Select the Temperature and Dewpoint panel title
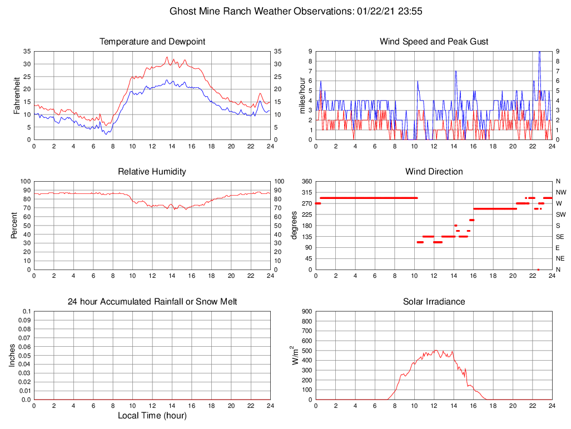click(x=152, y=42)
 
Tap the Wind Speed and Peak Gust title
click(x=434, y=42)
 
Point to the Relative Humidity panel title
click(x=152, y=172)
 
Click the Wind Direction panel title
click(x=434, y=172)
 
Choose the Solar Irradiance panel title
click(x=434, y=302)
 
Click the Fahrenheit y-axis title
click(x=17, y=95)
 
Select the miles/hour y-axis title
click(x=304, y=95)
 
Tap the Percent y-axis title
click(x=14, y=225)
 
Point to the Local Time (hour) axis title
click(x=152, y=416)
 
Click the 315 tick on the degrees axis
click(x=306, y=192)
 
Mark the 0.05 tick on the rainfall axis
click(x=25, y=356)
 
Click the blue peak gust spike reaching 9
click(x=539, y=52)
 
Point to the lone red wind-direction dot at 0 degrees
click(x=538, y=270)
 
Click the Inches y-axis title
click(x=12, y=355)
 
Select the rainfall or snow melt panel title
click(x=152, y=302)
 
